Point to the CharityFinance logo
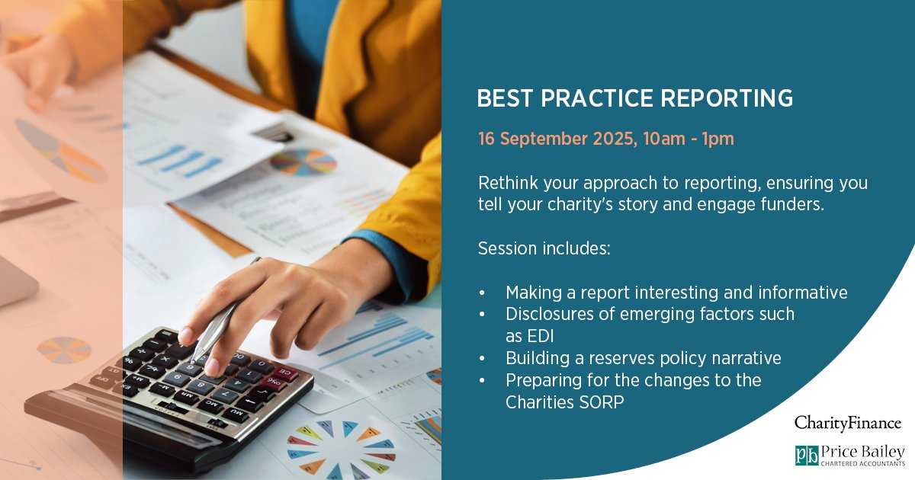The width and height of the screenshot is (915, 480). click(x=847, y=423)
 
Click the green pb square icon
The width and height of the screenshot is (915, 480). click(x=807, y=455)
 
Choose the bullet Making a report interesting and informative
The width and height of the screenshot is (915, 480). click(x=676, y=293)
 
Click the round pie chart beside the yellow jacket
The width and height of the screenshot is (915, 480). click(x=303, y=162)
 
